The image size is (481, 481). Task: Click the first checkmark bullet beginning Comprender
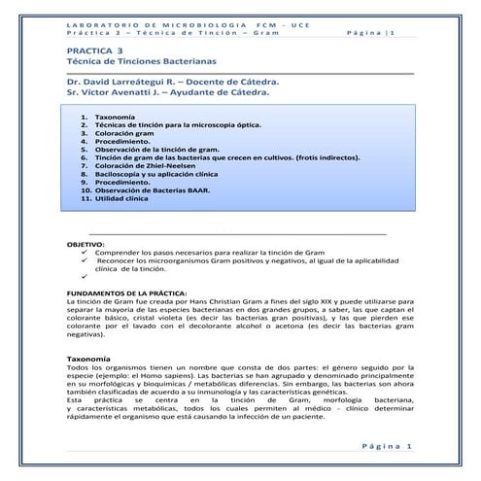tap(87, 251)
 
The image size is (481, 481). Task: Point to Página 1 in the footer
tap(388, 445)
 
